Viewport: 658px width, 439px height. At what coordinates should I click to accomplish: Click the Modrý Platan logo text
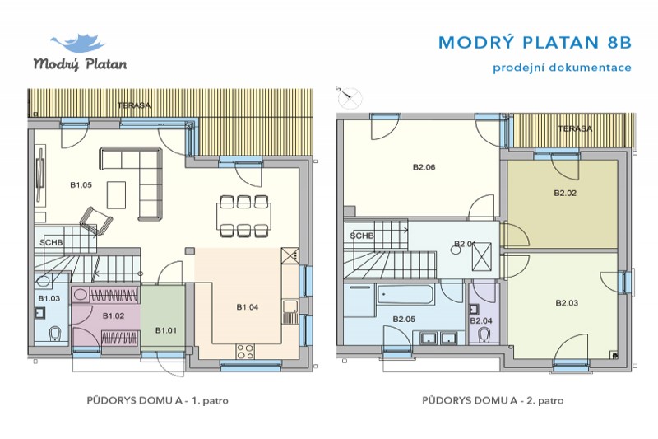(80, 63)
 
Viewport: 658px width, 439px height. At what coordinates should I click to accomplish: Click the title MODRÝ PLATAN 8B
(535, 42)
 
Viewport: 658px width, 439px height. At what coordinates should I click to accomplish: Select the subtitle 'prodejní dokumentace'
(562, 68)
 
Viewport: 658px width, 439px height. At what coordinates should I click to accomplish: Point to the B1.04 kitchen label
(248, 307)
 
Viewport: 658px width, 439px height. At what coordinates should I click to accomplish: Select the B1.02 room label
(113, 315)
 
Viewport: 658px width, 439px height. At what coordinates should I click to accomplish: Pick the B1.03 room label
(49, 297)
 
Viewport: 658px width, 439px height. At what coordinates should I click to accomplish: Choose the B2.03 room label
(567, 303)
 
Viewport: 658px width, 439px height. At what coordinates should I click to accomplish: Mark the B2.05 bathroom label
(403, 319)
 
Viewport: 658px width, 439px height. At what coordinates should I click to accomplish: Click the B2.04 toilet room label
(481, 320)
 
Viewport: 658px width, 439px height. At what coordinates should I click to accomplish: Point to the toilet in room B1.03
(55, 334)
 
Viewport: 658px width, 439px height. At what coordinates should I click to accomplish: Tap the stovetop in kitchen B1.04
(245, 352)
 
